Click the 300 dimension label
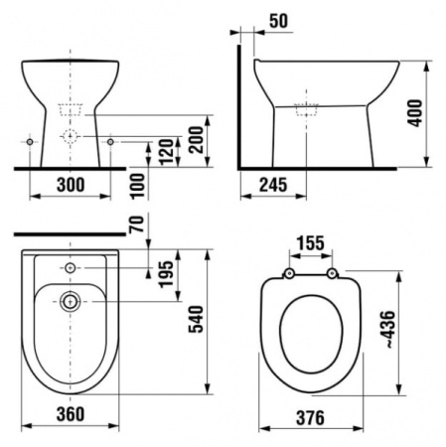tap(71, 185)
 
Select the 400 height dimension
tap(415, 113)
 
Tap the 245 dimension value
tap(273, 185)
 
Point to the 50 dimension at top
tap(278, 21)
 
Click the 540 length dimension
tap(196, 319)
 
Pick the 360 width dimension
tap(71, 414)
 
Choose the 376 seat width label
tap(310, 417)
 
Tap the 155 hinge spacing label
tap(310, 243)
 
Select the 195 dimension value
tap(166, 274)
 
